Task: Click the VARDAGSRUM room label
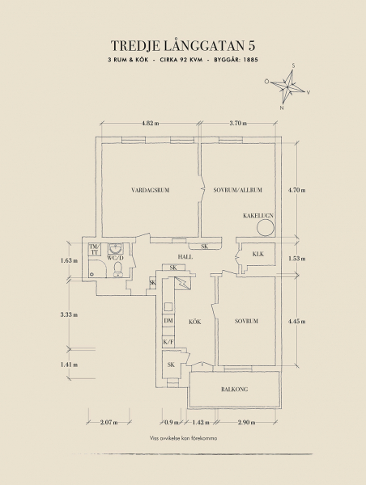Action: tap(151, 190)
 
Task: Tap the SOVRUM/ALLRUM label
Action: tap(238, 190)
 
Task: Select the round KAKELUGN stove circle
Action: tap(266, 227)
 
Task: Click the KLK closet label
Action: tap(258, 254)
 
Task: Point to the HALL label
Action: tap(185, 257)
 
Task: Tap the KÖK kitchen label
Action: tap(195, 322)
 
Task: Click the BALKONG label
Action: tap(235, 389)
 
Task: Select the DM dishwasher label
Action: tap(168, 321)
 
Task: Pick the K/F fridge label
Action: tap(168, 342)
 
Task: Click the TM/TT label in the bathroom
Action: tap(95, 250)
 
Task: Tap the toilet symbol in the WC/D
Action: tap(118, 268)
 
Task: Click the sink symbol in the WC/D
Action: tap(116, 248)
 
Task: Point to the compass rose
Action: tap(287, 86)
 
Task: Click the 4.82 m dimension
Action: tap(151, 123)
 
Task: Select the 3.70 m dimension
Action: tap(238, 123)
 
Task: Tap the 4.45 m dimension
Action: tap(296, 322)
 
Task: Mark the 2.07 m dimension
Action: tap(109, 422)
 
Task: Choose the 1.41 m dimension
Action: tap(69, 365)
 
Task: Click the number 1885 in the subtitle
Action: tap(251, 60)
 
